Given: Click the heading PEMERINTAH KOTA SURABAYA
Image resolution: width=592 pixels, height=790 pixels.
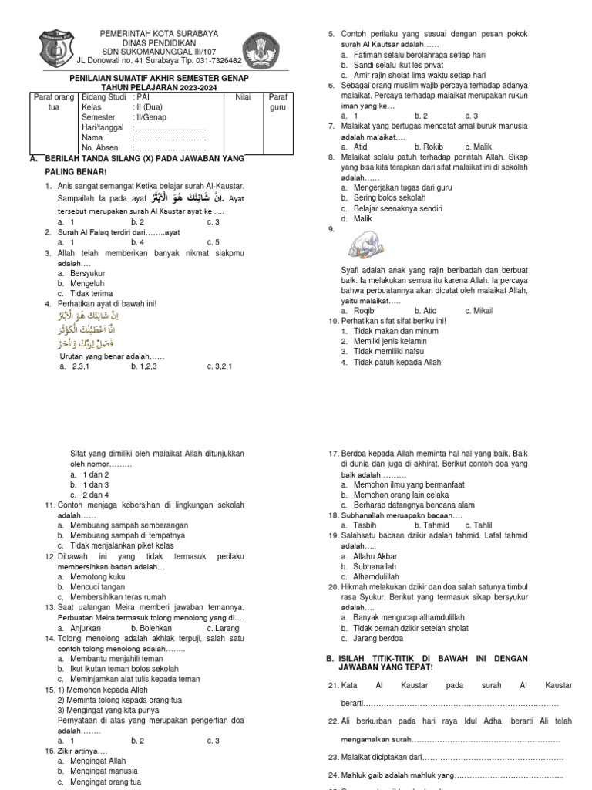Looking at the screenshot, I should click(x=160, y=34).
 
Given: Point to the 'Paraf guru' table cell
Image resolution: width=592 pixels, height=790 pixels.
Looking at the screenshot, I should click(x=277, y=103).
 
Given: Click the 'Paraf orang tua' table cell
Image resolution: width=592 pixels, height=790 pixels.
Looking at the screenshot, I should click(x=53, y=103).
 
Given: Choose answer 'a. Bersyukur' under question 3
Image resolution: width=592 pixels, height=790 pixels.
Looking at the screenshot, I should click(x=81, y=273).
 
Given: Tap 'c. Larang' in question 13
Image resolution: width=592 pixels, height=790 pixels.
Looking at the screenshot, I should click(x=223, y=629).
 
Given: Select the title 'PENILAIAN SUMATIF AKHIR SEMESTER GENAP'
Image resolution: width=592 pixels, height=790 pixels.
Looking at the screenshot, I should click(x=160, y=78).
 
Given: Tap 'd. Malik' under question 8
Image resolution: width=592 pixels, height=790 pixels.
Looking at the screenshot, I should click(x=357, y=218).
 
